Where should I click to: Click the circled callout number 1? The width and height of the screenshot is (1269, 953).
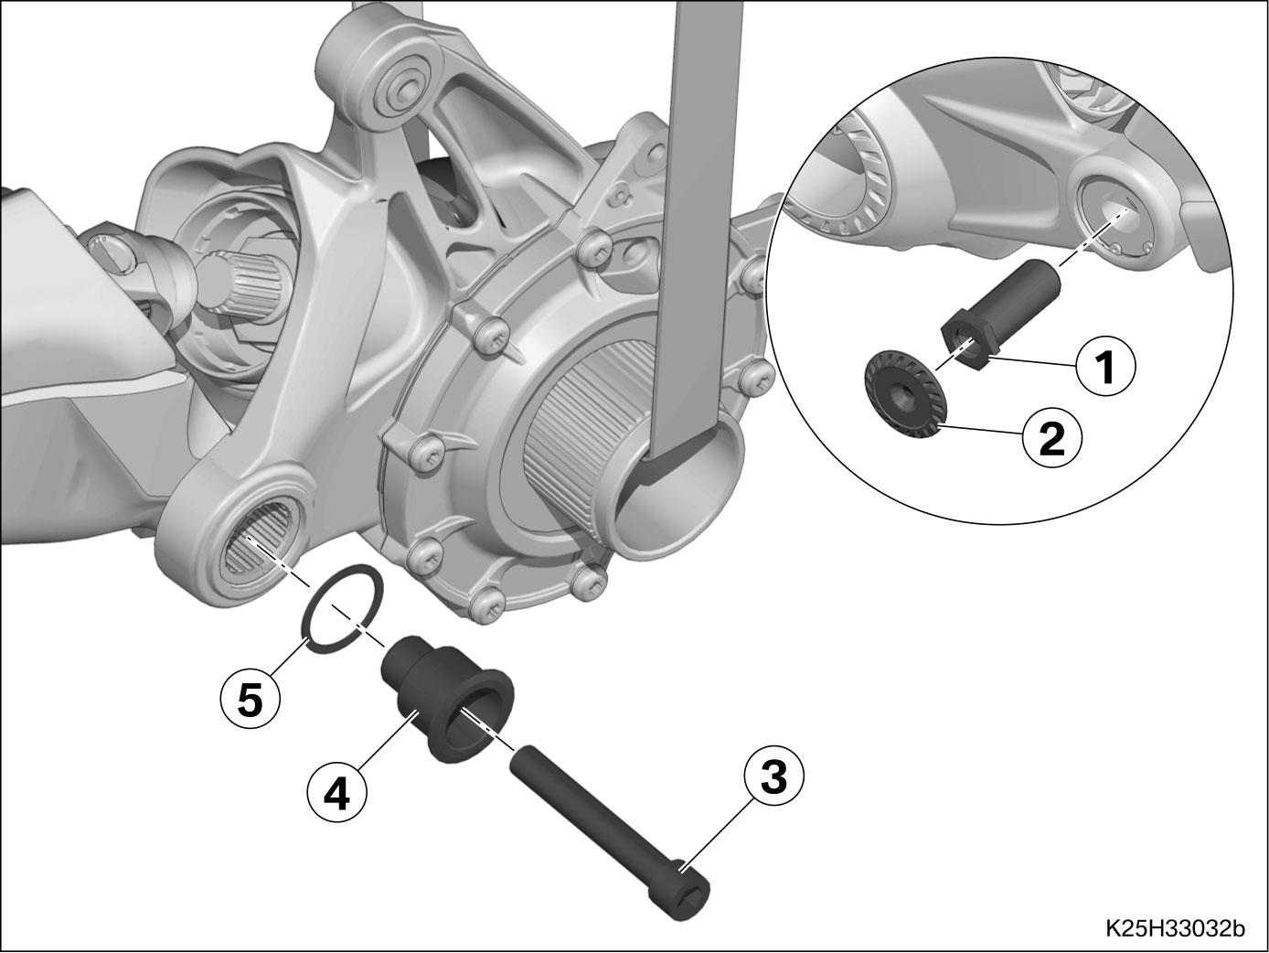pyautogui.click(x=1105, y=366)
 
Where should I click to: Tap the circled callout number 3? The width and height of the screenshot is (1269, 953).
pyautogui.click(x=773, y=776)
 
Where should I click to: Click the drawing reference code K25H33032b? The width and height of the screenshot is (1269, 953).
pyautogui.click(x=1176, y=928)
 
